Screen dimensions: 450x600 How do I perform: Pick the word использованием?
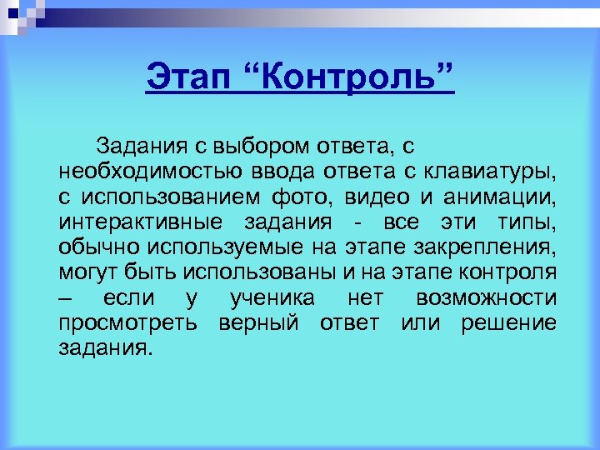click(171, 197)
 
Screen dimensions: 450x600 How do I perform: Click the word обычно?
click(100, 247)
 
